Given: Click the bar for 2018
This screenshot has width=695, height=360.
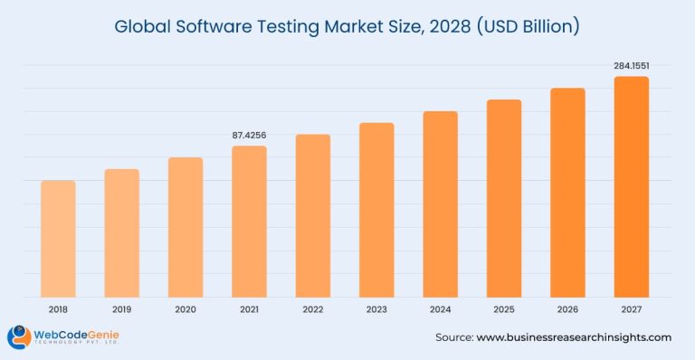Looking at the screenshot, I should (58, 239).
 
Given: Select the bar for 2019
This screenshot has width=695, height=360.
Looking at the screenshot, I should (121, 232).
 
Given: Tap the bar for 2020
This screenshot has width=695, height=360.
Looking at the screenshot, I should (186, 227).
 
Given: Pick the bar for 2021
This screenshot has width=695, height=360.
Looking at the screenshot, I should (249, 222).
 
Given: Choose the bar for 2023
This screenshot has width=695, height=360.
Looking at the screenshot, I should (376, 210).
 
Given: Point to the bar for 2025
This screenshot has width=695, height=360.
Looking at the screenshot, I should (504, 198).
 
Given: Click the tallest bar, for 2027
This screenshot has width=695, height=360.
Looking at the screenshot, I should (632, 186).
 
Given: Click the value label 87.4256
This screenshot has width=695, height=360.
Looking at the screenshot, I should (249, 136).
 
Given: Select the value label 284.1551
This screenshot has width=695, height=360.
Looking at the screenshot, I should (632, 65).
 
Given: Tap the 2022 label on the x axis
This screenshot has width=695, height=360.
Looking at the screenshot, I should (313, 309).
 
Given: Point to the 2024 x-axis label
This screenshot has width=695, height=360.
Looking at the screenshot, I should (441, 309).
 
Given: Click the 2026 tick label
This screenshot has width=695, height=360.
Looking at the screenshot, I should (567, 309).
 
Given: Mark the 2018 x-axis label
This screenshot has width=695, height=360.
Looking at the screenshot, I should (58, 309).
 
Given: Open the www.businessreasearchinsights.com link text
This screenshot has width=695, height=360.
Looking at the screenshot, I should (574, 337).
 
